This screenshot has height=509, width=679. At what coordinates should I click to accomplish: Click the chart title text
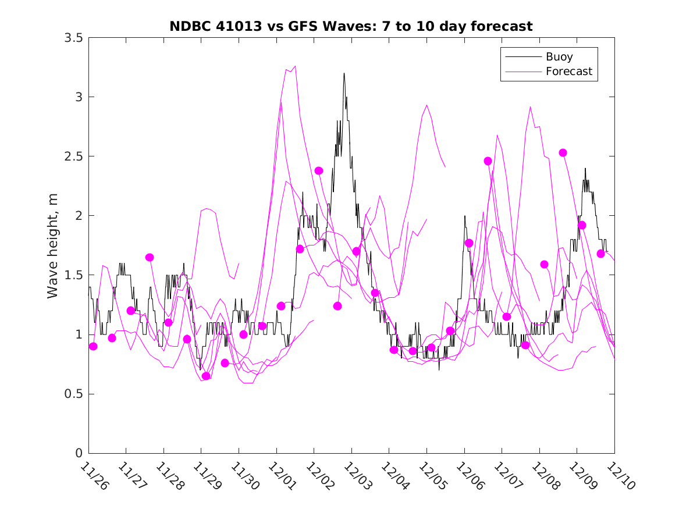(351, 26)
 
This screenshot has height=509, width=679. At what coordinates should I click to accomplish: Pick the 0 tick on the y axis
(79, 454)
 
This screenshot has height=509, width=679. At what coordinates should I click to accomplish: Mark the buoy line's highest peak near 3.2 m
(344, 73)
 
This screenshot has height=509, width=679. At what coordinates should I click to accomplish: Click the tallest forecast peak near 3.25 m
(295, 66)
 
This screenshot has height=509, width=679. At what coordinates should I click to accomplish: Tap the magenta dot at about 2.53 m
(563, 152)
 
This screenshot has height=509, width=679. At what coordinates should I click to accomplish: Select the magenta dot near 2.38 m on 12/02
(318, 170)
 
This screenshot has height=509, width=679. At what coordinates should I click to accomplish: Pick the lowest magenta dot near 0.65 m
(206, 376)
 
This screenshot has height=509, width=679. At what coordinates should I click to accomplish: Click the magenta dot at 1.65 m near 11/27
(150, 257)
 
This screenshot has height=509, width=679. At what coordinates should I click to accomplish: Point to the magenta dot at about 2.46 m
(488, 161)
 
